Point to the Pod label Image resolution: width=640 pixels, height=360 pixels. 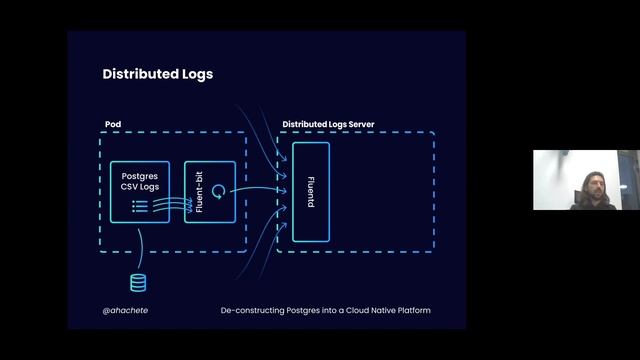tap(113, 124)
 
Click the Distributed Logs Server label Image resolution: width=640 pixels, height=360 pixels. tap(335, 124)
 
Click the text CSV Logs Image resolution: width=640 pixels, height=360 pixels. tap(140, 188)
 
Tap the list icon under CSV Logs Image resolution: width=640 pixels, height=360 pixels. tap(140, 206)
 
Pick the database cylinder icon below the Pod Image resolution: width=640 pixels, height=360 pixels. tap(138, 283)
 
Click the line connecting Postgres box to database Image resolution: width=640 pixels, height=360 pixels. tap(139, 245)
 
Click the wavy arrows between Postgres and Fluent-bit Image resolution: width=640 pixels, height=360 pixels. tap(176, 205)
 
